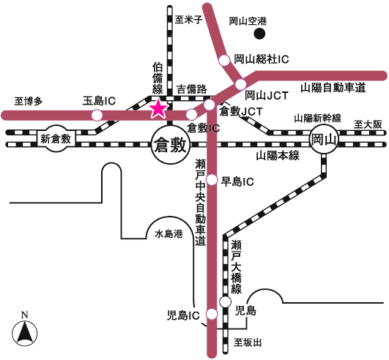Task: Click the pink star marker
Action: (158, 110)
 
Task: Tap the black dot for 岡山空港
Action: (259, 34)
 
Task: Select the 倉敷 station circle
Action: (171, 145)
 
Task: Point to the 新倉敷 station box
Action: (56, 138)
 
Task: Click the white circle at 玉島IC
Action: (97, 115)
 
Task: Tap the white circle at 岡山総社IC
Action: (224, 60)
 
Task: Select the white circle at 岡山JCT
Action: (240, 84)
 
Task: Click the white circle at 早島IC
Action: (212, 179)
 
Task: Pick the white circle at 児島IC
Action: (212, 314)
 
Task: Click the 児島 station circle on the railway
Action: (225, 302)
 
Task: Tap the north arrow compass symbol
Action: (25, 329)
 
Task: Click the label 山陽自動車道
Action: (333, 88)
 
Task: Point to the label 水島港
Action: (168, 233)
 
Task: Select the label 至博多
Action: (29, 101)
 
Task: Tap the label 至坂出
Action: (248, 343)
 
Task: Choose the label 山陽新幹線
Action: (317, 119)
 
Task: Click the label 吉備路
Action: (191, 89)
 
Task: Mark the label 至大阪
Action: (368, 124)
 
